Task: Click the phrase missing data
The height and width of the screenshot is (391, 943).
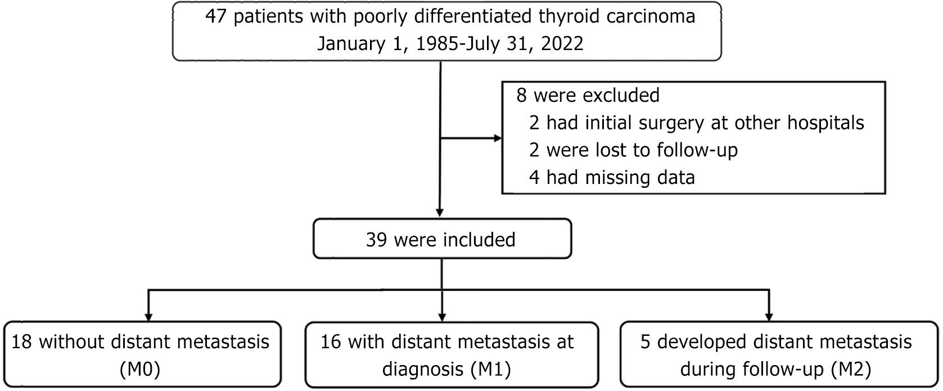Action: click(642, 177)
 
